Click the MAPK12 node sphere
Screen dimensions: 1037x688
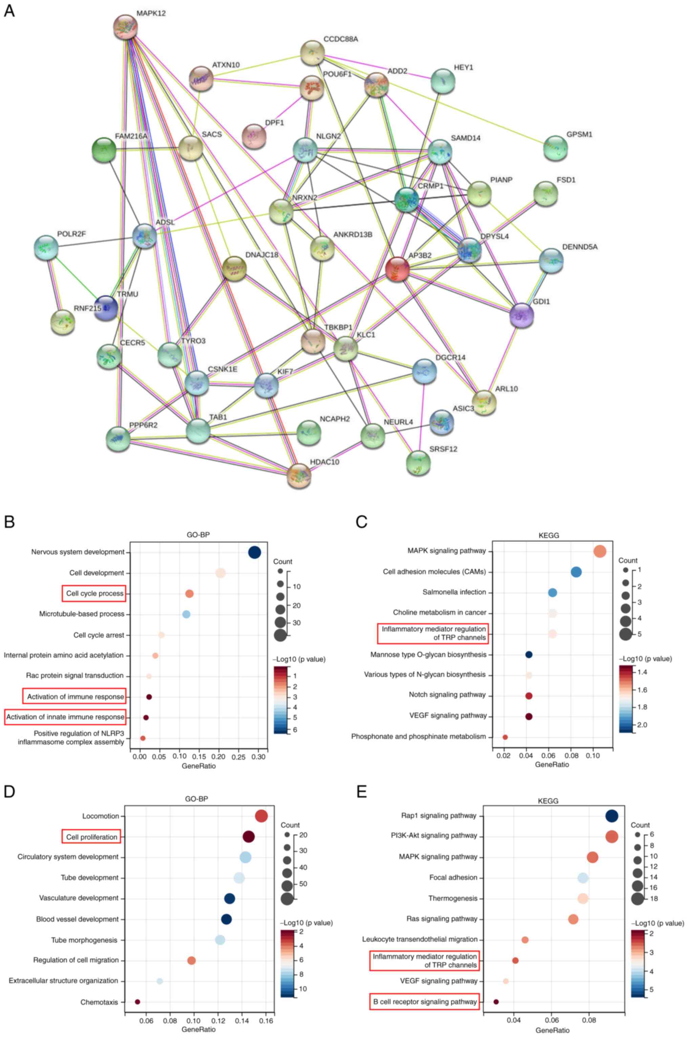coord(126,27)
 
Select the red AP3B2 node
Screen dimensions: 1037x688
coord(397,269)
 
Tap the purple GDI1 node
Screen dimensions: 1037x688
coord(522,315)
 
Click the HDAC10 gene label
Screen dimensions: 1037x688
coord(324,462)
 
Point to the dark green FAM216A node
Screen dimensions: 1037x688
coord(104,150)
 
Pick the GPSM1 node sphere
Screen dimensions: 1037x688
coord(556,148)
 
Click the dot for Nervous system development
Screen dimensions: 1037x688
coord(255,552)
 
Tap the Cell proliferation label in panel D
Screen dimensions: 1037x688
coord(92,837)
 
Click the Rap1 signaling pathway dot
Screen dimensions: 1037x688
coord(612,816)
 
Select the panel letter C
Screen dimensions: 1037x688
coord(362,522)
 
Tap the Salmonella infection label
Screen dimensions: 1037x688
coord(454,592)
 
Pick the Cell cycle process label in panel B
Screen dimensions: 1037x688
coord(94,594)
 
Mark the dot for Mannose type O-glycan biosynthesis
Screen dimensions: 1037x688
coord(529,655)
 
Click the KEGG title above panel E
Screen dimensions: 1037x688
coord(548,801)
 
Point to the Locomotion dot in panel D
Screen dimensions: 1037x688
coord(261,816)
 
